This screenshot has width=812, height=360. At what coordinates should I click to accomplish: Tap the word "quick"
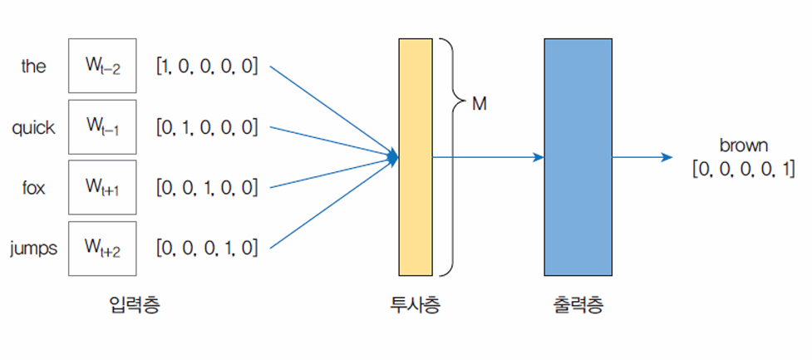[x=33, y=127]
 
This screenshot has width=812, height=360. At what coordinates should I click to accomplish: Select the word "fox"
[x=33, y=188]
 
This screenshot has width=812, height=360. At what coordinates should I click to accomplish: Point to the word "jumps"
[x=33, y=248]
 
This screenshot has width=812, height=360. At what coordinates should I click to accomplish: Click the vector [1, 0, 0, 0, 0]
[x=206, y=67]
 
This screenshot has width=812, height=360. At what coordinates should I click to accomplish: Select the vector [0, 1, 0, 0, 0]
[x=206, y=128]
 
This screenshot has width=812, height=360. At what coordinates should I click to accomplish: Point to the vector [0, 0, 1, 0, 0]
[x=206, y=188]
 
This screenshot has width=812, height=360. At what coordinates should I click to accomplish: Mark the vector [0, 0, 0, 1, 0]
[x=206, y=248]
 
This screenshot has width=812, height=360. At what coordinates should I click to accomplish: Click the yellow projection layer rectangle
[x=415, y=156]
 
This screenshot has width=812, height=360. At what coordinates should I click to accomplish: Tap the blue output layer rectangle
[x=578, y=156]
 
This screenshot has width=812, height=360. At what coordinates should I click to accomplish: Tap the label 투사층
[x=415, y=305]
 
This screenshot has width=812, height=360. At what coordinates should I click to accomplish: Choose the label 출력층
[x=578, y=305]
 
